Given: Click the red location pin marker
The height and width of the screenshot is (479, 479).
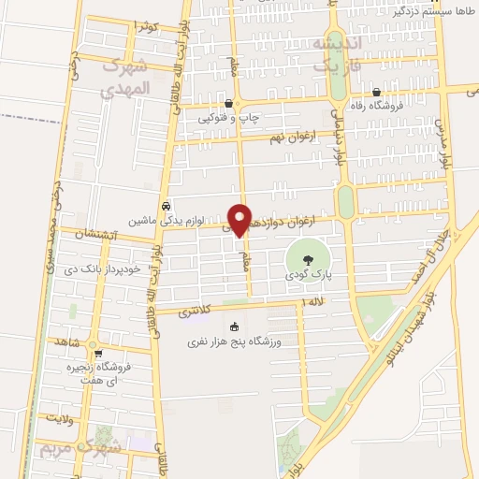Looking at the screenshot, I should click(240, 220).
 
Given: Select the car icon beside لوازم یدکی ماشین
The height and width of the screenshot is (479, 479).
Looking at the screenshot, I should click(166, 206).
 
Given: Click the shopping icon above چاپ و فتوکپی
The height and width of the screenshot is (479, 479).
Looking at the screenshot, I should click(229, 103).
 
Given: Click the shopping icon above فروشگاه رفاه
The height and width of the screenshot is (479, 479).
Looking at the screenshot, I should click(376, 93).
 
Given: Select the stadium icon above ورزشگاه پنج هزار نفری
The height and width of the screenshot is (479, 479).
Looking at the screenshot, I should click(235, 327).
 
